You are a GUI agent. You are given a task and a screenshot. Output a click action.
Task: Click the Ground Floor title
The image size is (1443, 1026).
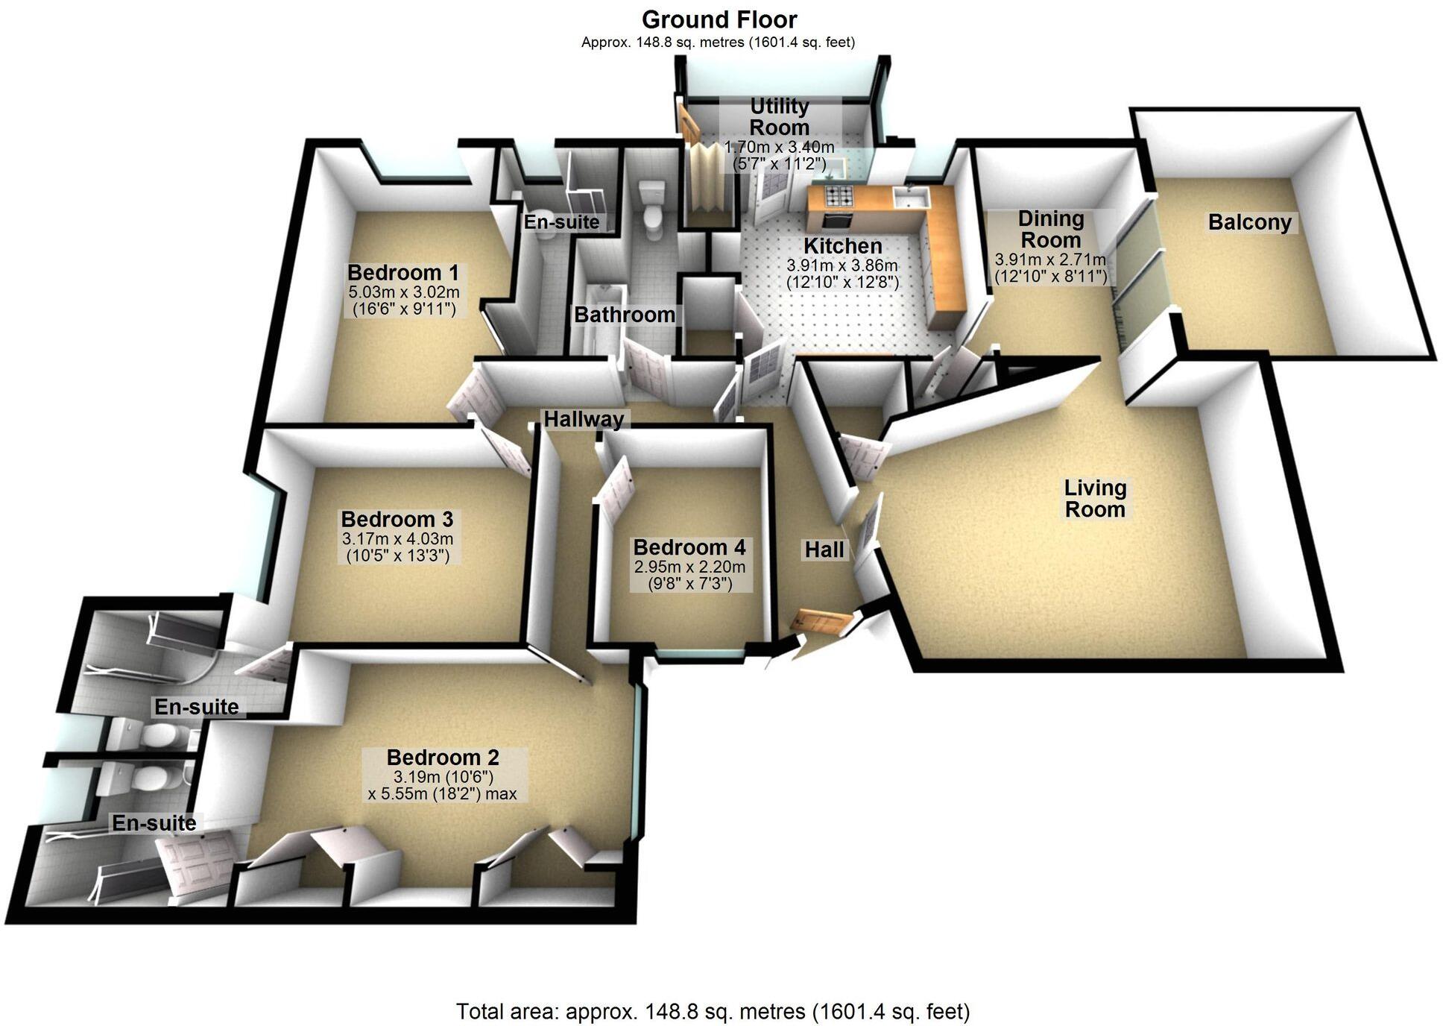pyautogui.click(x=719, y=19)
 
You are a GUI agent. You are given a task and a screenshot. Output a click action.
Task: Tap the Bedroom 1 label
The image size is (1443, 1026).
pyautogui.click(x=403, y=272)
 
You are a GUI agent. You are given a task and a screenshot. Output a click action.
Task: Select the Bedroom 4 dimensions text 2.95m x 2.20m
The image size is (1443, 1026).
pyautogui.click(x=689, y=567)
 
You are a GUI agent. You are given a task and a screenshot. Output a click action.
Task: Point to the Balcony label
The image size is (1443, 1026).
pyautogui.click(x=1249, y=222)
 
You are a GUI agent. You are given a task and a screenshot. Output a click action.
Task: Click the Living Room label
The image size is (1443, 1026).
pyautogui.click(x=1094, y=499)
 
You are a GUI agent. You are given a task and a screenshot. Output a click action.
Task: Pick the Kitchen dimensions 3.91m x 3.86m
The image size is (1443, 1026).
pyautogui.click(x=842, y=265)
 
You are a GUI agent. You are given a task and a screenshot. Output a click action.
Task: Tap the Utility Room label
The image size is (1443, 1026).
pyautogui.click(x=779, y=116)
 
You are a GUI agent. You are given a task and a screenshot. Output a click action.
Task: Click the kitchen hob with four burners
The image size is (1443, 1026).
pyautogui.click(x=839, y=197)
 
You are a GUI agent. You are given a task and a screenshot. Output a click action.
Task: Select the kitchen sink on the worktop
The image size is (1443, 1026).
pyautogui.click(x=912, y=198)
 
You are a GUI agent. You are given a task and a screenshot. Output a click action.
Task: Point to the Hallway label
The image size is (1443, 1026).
pyautogui.click(x=584, y=419)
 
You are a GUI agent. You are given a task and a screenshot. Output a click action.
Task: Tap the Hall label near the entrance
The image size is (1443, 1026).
pyautogui.click(x=824, y=550)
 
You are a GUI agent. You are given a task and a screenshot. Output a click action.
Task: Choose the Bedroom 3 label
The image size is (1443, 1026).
pyautogui.click(x=397, y=519)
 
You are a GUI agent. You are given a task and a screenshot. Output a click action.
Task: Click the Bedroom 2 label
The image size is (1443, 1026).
pyautogui.click(x=443, y=758)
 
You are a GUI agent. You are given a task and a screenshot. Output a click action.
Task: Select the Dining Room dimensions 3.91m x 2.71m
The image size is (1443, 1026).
pyautogui.click(x=1050, y=260)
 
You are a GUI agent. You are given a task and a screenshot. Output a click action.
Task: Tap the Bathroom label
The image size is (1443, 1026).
pyautogui.click(x=624, y=315)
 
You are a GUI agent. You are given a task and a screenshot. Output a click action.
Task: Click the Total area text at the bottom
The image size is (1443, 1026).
pyautogui.click(x=713, y=1012)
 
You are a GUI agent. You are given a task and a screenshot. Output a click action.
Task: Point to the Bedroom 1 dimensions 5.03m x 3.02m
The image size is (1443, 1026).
pyautogui.click(x=403, y=292)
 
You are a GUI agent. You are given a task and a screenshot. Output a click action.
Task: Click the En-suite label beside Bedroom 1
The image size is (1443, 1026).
pyautogui.click(x=561, y=221)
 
